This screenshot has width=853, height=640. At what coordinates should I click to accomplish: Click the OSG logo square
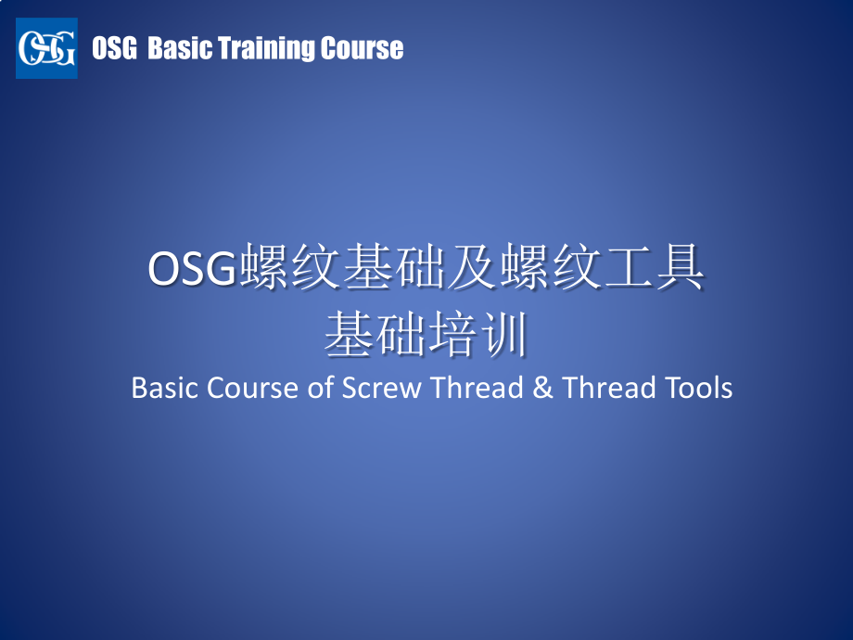46,48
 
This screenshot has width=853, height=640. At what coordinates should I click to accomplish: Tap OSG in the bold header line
114,48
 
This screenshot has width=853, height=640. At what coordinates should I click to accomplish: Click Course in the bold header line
362,48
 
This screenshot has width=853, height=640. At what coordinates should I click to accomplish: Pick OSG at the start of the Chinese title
192,268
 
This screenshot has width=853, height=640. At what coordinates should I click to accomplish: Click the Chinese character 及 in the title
473,266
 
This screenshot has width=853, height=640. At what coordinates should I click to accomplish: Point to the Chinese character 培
452,334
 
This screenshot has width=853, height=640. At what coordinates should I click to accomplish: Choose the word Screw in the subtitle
381,388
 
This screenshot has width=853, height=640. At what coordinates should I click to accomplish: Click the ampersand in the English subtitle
542,388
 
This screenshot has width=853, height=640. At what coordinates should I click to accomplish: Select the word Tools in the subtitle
700,388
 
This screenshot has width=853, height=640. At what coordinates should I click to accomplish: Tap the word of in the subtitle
321,388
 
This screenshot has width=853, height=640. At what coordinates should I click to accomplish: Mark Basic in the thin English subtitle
164,388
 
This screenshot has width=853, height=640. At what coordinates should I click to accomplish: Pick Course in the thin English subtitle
252,388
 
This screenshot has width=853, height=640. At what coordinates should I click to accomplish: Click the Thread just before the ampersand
477,388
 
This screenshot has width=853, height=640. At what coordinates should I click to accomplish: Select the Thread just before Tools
609,388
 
